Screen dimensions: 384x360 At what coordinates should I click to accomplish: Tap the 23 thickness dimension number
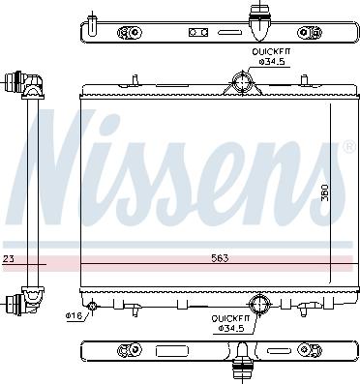pos(8,258)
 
